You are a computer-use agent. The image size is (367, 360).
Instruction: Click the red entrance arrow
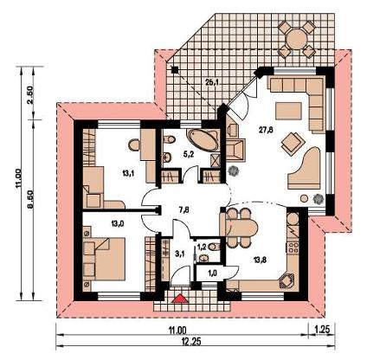pos(180,299)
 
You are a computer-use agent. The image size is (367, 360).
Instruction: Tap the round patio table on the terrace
pos(297,39)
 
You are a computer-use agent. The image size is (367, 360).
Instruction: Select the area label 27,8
pos(266,130)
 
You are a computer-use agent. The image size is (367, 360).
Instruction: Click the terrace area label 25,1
pos(212,83)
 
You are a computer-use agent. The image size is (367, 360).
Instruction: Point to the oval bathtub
pos(203,140)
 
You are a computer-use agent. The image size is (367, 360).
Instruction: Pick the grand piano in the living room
pos(306,168)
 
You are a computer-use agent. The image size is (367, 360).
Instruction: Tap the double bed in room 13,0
pos(104,259)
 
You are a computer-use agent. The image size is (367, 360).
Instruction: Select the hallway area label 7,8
pos(183,209)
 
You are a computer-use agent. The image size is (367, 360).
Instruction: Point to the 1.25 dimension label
pos(322,330)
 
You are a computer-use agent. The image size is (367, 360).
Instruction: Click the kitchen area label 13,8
pos(260,260)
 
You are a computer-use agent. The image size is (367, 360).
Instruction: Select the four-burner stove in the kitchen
pos(292,248)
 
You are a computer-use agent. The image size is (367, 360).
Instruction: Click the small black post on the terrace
pos(174,69)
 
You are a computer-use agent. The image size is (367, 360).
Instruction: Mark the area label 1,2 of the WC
pos(202,247)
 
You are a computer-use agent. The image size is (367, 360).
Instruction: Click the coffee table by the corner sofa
pos(288,111)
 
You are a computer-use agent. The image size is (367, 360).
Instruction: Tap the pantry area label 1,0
pos(213,273)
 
